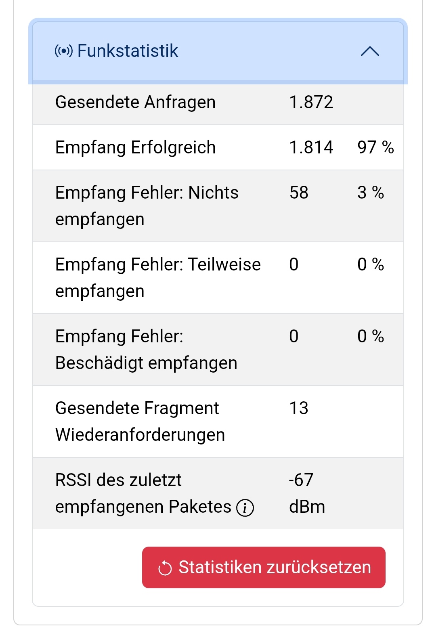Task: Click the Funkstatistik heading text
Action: (x=128, y=51)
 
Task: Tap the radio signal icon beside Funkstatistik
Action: (x=64, y=51)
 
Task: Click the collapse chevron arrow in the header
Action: (x=370, y=51)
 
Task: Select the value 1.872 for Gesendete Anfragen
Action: (x=311, y=102)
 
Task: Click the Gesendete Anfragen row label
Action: (x=135, y=102)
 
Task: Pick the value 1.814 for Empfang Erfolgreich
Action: (x=311, y=147)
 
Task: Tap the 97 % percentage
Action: (x=375, y=147)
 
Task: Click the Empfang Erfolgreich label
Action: (x=135, y=147)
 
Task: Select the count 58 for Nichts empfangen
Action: (x=299, y=193)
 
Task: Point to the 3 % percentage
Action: (x=371, y=193)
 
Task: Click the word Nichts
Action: (x=213, y=193)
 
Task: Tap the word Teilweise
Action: (x=224, y=264)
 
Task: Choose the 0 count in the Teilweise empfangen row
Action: (x=294, y=264)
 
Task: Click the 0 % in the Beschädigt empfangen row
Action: (x=371, y=336)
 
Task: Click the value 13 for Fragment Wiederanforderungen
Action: (x=299, y=408)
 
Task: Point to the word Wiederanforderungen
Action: (x=140, y=435)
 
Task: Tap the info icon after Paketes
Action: (x=245, y=507)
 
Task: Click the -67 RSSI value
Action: (x=301, y=480)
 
